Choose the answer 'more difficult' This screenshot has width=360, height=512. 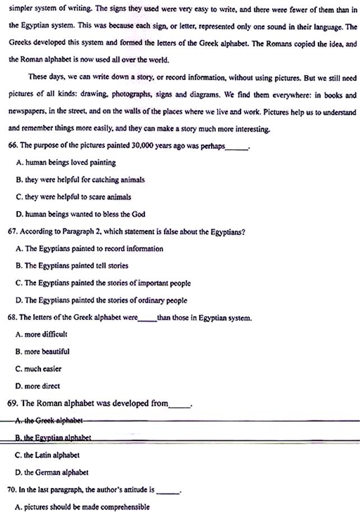(43, 334)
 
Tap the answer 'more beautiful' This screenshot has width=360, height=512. (43, 351)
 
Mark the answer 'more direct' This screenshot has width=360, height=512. (39, 386)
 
